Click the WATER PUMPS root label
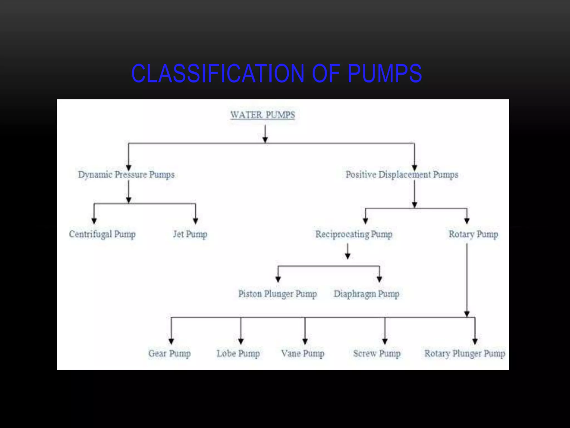coord(262,115)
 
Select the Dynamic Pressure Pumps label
coord(126,175)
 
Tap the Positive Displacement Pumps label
coord(402,175)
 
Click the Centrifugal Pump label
coord(102,234)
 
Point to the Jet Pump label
coord(190,234)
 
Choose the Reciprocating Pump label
coord(354,234)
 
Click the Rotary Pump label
coord(473,234)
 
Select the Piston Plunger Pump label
coord(277,294)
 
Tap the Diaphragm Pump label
coord(367,294)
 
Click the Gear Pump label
coord(169,354)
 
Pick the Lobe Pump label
coord(238,354)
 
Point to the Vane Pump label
coord(303,354)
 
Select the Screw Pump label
coord(377,354)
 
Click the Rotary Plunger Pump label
coord(465,354)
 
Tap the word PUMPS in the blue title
coord(384,74)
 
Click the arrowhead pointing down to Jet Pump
coord(195,221)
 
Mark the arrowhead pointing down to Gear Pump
coord(171,341)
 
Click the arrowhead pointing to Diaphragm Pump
coord(379,279)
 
